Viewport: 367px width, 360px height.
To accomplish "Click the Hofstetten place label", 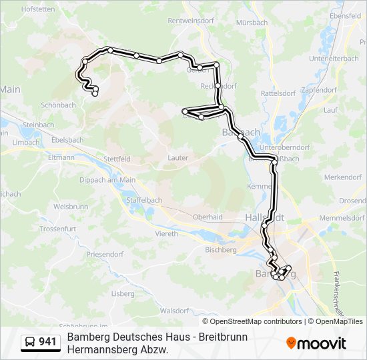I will (38, 9).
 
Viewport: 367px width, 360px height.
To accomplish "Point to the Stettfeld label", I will (117, 159).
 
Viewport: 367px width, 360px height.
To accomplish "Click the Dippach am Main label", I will (107, 180).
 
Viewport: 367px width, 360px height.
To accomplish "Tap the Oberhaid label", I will (207, 217).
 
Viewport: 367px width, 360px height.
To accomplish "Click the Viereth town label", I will (166, 234).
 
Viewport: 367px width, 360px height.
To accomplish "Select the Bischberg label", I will (221, 250).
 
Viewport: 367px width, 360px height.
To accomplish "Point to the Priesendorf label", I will (105, 255).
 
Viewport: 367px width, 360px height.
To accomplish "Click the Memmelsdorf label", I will (341, 219).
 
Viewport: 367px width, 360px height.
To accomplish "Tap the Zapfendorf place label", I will (318, 89).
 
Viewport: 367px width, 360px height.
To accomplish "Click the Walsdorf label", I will (175, 311).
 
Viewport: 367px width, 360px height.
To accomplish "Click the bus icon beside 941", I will (30, 343).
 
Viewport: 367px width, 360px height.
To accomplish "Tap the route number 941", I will (48, 343).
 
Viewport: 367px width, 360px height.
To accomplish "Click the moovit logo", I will (316, 343).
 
